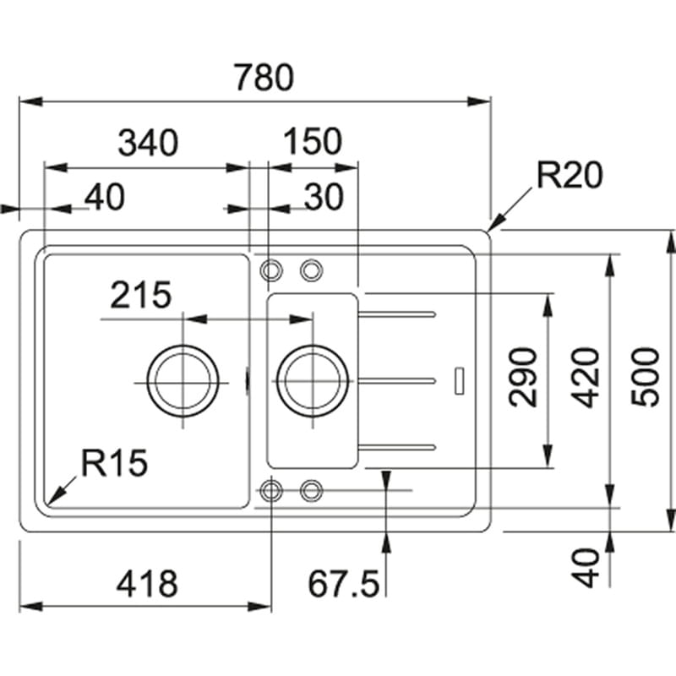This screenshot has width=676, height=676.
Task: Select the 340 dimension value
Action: pyautogui.click(x=148, y=143)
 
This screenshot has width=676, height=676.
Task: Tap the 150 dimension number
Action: pyautogui.click(x=313, y=143)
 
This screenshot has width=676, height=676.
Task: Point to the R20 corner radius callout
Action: pyautogui.click(x=570, y=176)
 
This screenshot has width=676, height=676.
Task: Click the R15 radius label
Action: pyautogui.click(x=114, y=463)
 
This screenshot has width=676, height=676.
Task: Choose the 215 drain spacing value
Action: pyautogui.click(x=139, y=296)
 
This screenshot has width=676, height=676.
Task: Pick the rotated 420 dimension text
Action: pyautogui.click(x=588, y=377)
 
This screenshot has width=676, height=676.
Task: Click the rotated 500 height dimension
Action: pyautogui.click(x=648, y=377)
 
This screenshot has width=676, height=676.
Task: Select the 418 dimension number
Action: pyautogui.click(x=147, y=583)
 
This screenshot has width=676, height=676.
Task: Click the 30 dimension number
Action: pyautogui.click(x=323, y=197)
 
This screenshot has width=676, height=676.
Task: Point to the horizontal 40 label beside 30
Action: pyautogui.click(x=104, y=197)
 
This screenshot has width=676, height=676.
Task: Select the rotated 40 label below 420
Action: pyautogui.click(x=588, y=567)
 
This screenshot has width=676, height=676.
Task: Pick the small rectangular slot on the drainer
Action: pyautogui.click(x=459, y=379)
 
